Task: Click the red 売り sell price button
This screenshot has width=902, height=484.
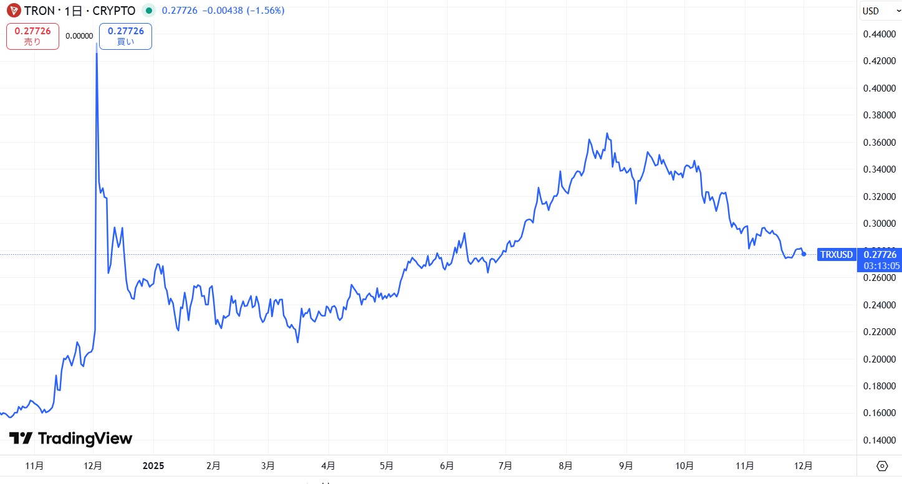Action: [x=32, y=36]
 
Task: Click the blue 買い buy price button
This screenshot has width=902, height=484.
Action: [x=125, y=36]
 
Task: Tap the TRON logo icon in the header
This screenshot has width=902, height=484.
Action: [x=12, y=11]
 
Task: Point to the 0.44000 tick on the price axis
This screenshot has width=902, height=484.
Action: [x=880, y=34]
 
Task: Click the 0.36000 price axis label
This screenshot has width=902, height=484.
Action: [x=880, y=143]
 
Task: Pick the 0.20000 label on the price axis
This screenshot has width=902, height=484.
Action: [x=880, y=359]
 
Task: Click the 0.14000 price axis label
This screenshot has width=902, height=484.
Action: [x=880, y=440]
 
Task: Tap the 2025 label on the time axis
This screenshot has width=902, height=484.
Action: [x=153, y=465]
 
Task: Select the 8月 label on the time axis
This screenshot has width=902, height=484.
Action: [x=565, y=465]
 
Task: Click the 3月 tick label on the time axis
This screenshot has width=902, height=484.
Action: [x=268, y=465]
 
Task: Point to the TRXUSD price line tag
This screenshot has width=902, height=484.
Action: [x=836, y=254]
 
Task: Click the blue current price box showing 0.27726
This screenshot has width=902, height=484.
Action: [x=880, y=254]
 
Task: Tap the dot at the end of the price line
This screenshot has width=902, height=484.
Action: [x=804, y=254]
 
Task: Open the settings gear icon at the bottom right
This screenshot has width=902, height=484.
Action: [x=882, y=465]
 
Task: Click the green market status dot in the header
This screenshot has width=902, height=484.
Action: [x=148, y=11]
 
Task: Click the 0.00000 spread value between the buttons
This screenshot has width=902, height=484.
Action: [x=79, y=36]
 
